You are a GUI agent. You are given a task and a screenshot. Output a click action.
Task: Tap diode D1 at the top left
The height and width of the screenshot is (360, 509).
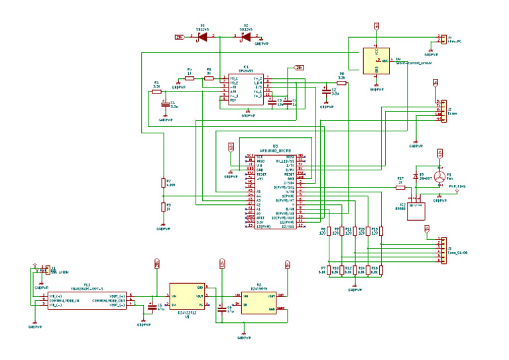(x=202, y=36)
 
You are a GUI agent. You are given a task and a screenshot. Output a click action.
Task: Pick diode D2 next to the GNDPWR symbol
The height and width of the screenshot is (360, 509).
(x=245, y=36)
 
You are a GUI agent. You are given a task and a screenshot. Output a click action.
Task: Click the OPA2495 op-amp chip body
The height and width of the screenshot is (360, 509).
(x=245, y=88)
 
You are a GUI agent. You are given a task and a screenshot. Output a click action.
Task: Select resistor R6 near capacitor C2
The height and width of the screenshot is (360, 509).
(x=341, y=84)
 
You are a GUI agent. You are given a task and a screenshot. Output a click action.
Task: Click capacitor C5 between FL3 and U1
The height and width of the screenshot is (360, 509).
(x=152, y=307)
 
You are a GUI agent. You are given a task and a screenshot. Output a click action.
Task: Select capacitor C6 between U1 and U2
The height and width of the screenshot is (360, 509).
(x=221, y=308)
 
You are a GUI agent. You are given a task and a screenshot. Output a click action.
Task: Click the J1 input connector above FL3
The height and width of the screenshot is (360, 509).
(x=44, y=270)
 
